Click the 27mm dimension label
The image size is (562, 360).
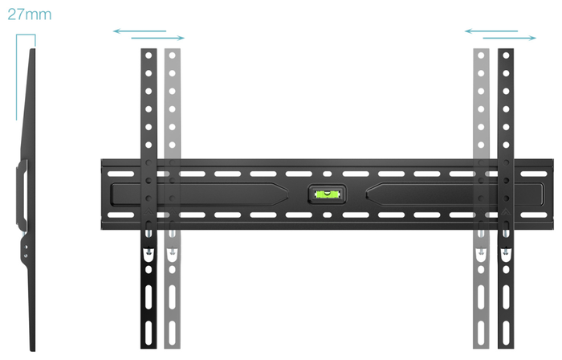(30, 14)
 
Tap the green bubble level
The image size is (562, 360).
(327, 194)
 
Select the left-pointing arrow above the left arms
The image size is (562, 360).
(140, 31)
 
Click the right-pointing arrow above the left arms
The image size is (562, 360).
(158, 38)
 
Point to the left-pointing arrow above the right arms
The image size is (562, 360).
(491, 31)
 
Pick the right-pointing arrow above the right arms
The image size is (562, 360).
(510, 38)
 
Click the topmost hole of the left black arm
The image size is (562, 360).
(149, 55)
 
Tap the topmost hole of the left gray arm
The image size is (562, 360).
(173, 55)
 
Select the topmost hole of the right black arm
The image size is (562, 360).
(506, 55)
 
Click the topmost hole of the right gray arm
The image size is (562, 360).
(481, 55)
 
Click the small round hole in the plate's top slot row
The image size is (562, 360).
(328, 174)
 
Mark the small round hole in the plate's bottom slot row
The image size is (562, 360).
(328, 215)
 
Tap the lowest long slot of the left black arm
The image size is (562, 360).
(149, 333)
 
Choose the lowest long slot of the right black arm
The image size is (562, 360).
(506, 333)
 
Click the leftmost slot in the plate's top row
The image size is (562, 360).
(120, 174)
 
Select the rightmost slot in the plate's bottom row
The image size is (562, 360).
(534, 215)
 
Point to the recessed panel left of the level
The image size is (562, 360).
(199, 194)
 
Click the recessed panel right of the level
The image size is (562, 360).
(455, 194)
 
